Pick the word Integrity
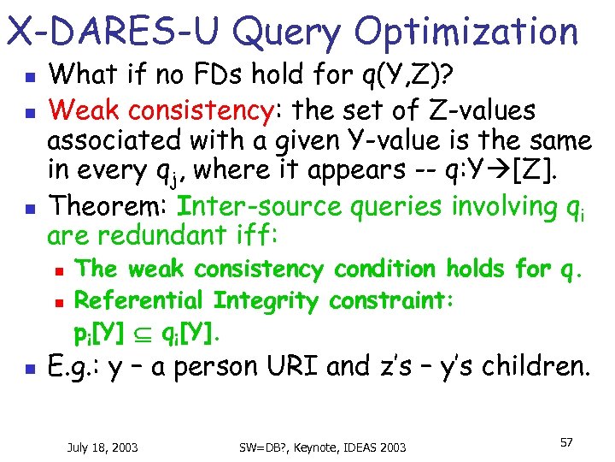click(x=266, y=300)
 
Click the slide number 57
click(x=565, y=442)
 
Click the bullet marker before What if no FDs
click(x=27, y=78)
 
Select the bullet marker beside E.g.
click(x=27, y=368)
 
